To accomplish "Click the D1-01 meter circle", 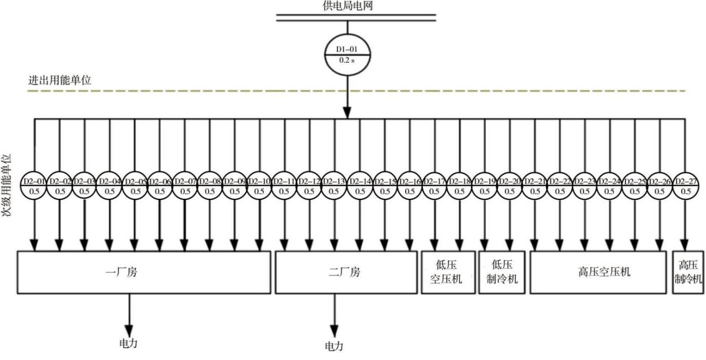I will (347, 55).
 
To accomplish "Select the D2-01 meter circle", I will (34, 186).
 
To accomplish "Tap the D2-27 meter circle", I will (686, 186).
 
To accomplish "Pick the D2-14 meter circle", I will (360, 186).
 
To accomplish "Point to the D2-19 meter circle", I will (485, 186).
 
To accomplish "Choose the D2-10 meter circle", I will (259, 186).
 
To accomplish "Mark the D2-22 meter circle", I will (560, 186).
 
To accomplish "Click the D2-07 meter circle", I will (184, 186).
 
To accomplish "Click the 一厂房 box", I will (144, 272).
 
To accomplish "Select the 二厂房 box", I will (346, 272).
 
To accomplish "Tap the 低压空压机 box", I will (448, 272).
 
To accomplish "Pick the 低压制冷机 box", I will (501, 272).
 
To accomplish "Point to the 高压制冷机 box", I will (688, 272).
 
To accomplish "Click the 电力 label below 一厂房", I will (129, 343).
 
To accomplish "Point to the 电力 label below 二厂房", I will (333, 346).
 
